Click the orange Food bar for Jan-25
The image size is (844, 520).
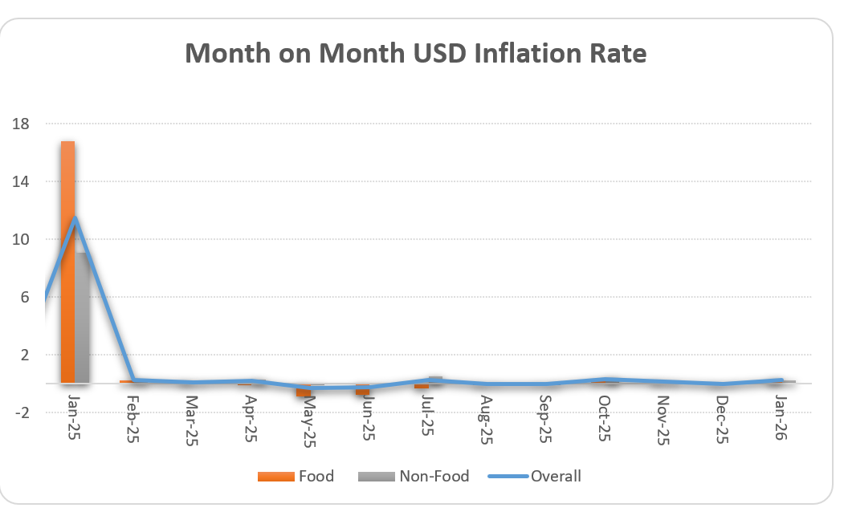click(x=67, y=265)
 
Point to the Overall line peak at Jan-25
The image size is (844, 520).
click(x=75, y=217)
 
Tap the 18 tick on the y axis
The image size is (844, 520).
click(x=21, y=124)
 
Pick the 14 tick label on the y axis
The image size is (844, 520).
click(x=21, y=182)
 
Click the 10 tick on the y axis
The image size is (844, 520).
click(x=21, y=240)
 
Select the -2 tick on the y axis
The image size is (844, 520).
click(x=21, y=413)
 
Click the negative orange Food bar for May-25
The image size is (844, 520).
click(x=304, y=391)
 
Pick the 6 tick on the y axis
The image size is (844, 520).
click(x=24, y=298)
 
